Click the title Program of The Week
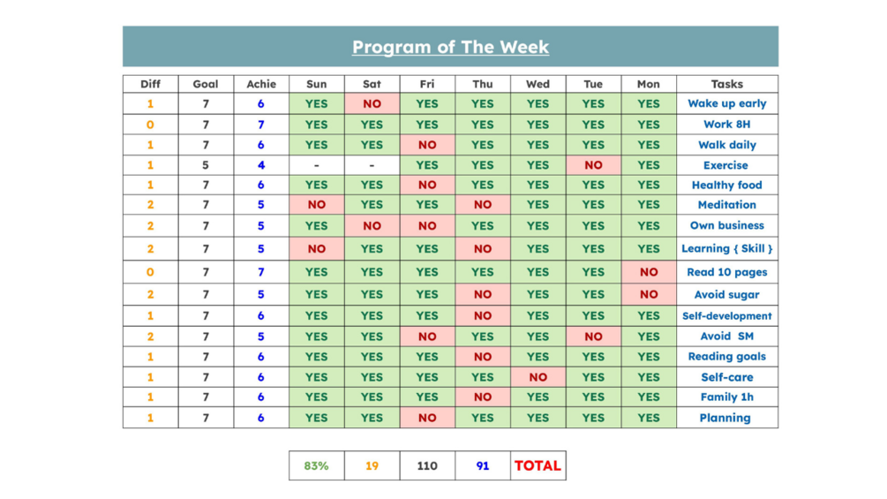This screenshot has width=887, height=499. point(450,47)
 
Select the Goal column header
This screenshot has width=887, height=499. point(206,84)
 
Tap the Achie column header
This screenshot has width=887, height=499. point(261,84)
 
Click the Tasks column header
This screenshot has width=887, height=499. point(727,84)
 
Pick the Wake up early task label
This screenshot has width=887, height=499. point(727,103)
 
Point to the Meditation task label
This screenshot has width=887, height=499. point(727,205)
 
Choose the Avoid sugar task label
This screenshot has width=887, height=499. point(727,295)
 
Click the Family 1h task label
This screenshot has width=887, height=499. point(727,397)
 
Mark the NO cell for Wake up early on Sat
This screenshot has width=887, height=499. point(372,103)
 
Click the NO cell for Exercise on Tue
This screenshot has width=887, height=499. point(593,165)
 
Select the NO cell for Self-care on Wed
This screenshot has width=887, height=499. point(537,377)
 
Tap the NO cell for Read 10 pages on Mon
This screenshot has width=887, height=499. point(649,272)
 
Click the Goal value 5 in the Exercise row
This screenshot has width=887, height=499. point(206,165)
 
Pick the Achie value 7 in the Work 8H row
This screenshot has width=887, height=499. point(261,125)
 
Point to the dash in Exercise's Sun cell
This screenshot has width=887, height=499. point(316,165)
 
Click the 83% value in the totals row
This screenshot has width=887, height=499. point(316,465)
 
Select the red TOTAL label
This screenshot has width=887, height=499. point(537,465)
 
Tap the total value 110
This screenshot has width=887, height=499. point(427,465)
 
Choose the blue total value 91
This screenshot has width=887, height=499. point(483,465)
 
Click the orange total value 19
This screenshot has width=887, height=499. point(372,465)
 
